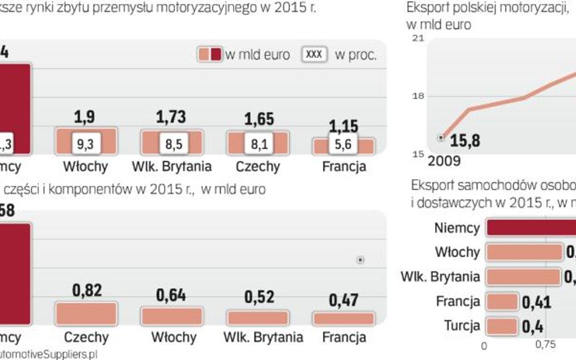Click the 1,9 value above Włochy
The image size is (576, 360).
click(x=84, y=117)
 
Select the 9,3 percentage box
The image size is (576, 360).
click(x=84, y=144)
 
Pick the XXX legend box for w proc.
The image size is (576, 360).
click(x=314, y=55)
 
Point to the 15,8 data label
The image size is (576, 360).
click(x=465, y=141)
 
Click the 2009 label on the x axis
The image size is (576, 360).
click(x=444, y=161)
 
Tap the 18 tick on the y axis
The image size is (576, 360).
click(x=418, y=96)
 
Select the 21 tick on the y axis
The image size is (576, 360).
click(x=418, y=38)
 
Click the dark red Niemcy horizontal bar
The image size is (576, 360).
click(x=530, y=228)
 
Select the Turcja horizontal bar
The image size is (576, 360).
click(x=502, y=325)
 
